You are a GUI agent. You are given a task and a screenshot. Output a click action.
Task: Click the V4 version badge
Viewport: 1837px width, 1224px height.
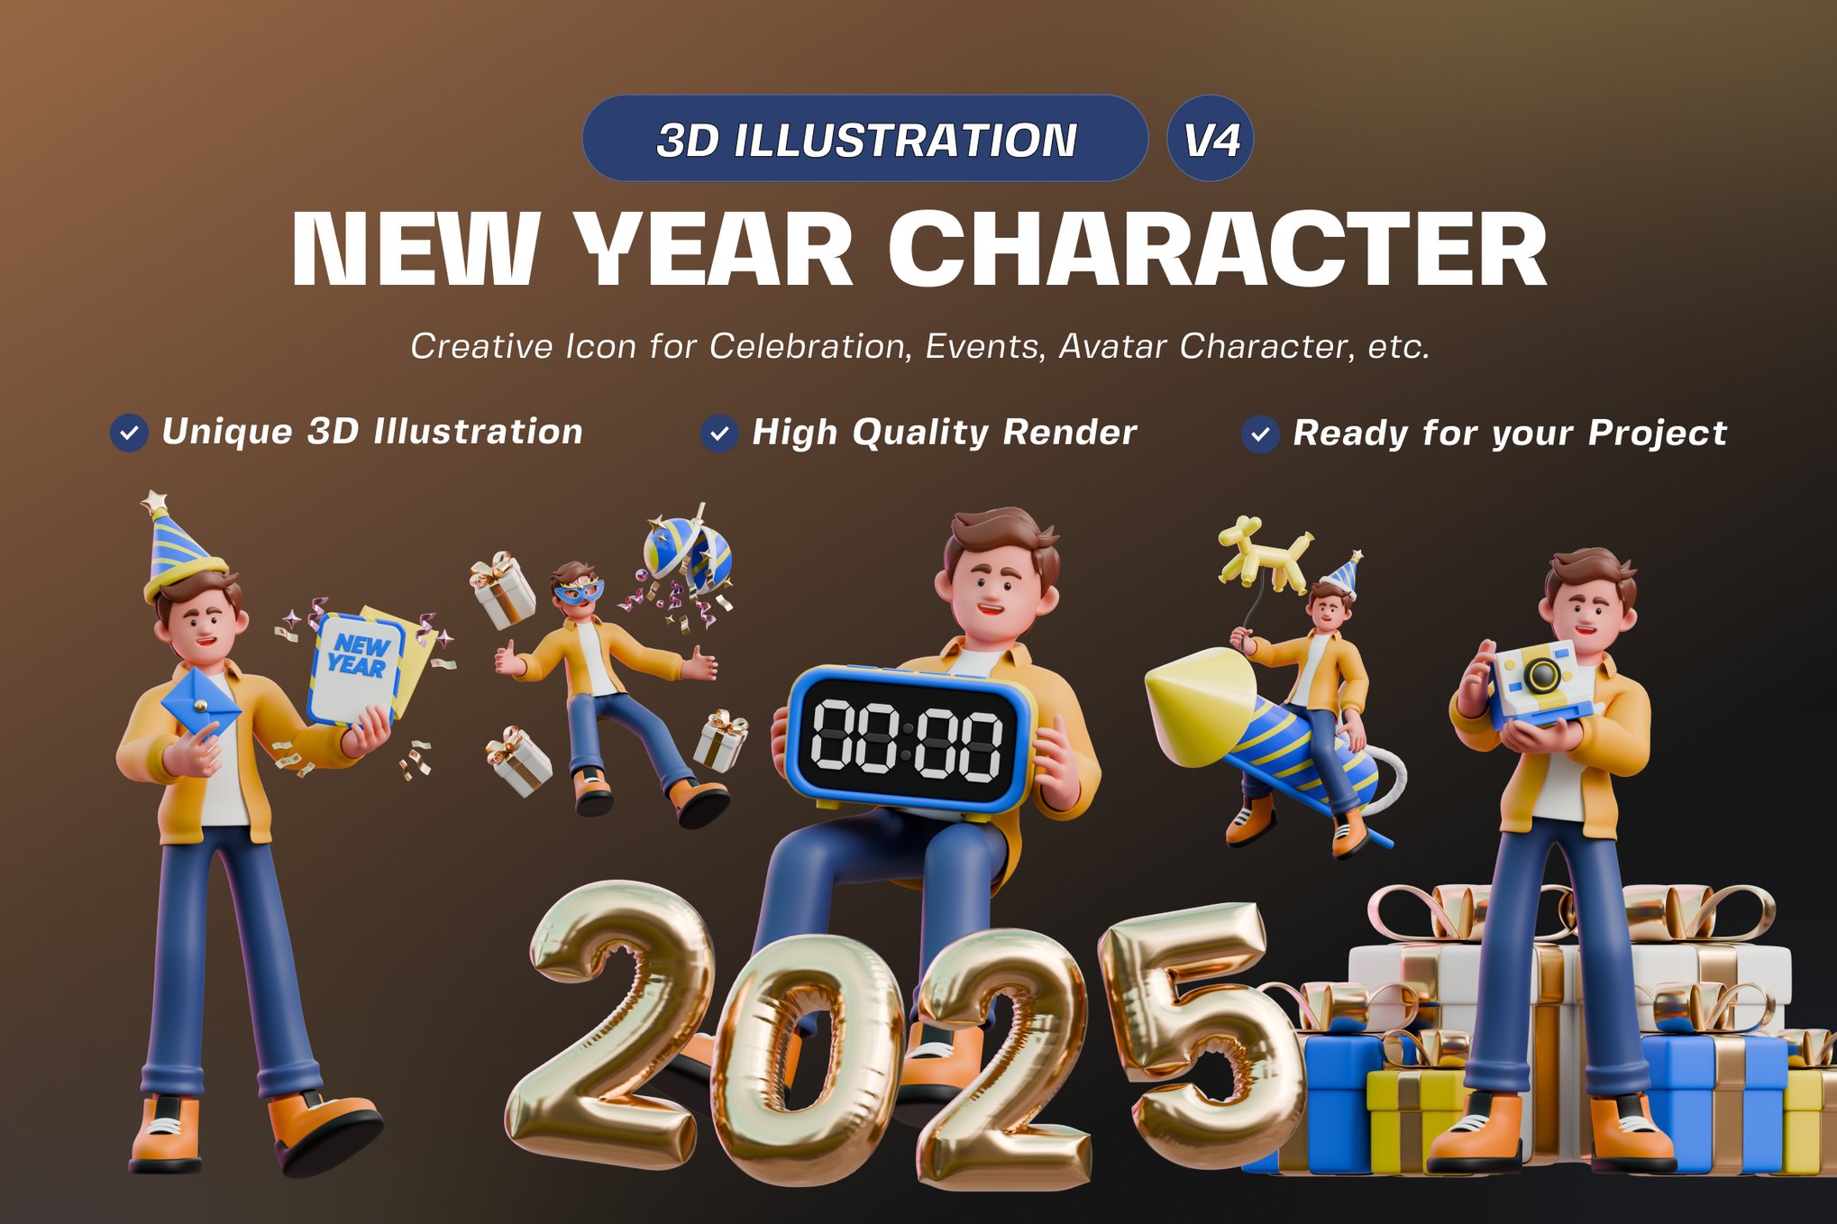[x=1210, y=139]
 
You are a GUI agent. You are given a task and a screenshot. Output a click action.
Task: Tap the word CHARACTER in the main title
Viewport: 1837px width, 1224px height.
[x=1217, y=250]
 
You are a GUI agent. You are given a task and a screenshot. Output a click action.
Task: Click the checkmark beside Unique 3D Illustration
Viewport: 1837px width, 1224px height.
[x=129, y=434]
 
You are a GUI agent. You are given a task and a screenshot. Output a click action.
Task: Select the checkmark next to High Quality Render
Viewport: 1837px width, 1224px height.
[x=719, y=434]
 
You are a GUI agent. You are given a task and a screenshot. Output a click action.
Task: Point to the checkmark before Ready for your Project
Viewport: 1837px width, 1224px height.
[x=1259, y=434]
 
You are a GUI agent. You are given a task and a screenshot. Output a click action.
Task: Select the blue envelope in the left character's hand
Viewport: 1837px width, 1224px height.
[x=200, y=703]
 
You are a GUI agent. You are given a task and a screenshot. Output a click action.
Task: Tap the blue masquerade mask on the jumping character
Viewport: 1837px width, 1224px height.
[x=578, y=592]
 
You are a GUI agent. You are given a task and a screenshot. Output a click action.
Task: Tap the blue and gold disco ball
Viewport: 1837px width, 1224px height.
[x=687, y=550]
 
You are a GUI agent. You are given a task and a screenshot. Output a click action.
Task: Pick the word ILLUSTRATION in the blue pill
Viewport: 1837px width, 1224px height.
[x=905, y=141]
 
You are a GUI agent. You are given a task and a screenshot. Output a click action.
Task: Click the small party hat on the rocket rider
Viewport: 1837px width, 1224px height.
[x=1344, y=573]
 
